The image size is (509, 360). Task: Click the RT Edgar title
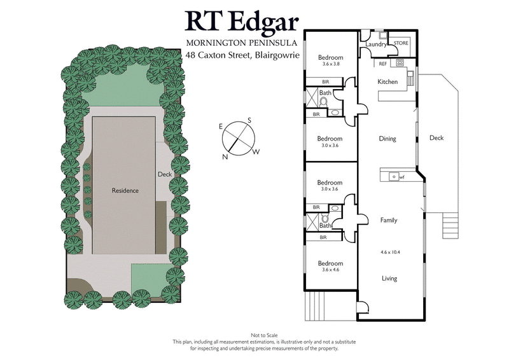point(242,21)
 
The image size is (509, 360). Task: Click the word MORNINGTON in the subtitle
point(213,43)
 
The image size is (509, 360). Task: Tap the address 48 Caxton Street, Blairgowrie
point(242,55)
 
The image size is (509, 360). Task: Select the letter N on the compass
point(225,156)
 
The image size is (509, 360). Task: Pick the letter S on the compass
point(249,120)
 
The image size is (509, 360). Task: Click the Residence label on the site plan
point(125,191)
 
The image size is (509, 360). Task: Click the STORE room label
point(401,43)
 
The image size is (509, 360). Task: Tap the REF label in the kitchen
point(383,64)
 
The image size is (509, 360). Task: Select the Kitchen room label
point(387,82)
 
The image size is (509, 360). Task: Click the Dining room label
point(387,139)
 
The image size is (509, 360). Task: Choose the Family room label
point(389,220)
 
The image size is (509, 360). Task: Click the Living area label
point(389,279)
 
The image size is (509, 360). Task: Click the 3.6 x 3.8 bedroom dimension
point(330,64)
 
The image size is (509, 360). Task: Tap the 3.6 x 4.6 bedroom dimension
point(330,270)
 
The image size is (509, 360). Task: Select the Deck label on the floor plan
point(436,138)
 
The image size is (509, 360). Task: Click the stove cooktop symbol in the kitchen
point(401,63)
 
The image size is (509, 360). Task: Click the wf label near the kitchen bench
point(401,177)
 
